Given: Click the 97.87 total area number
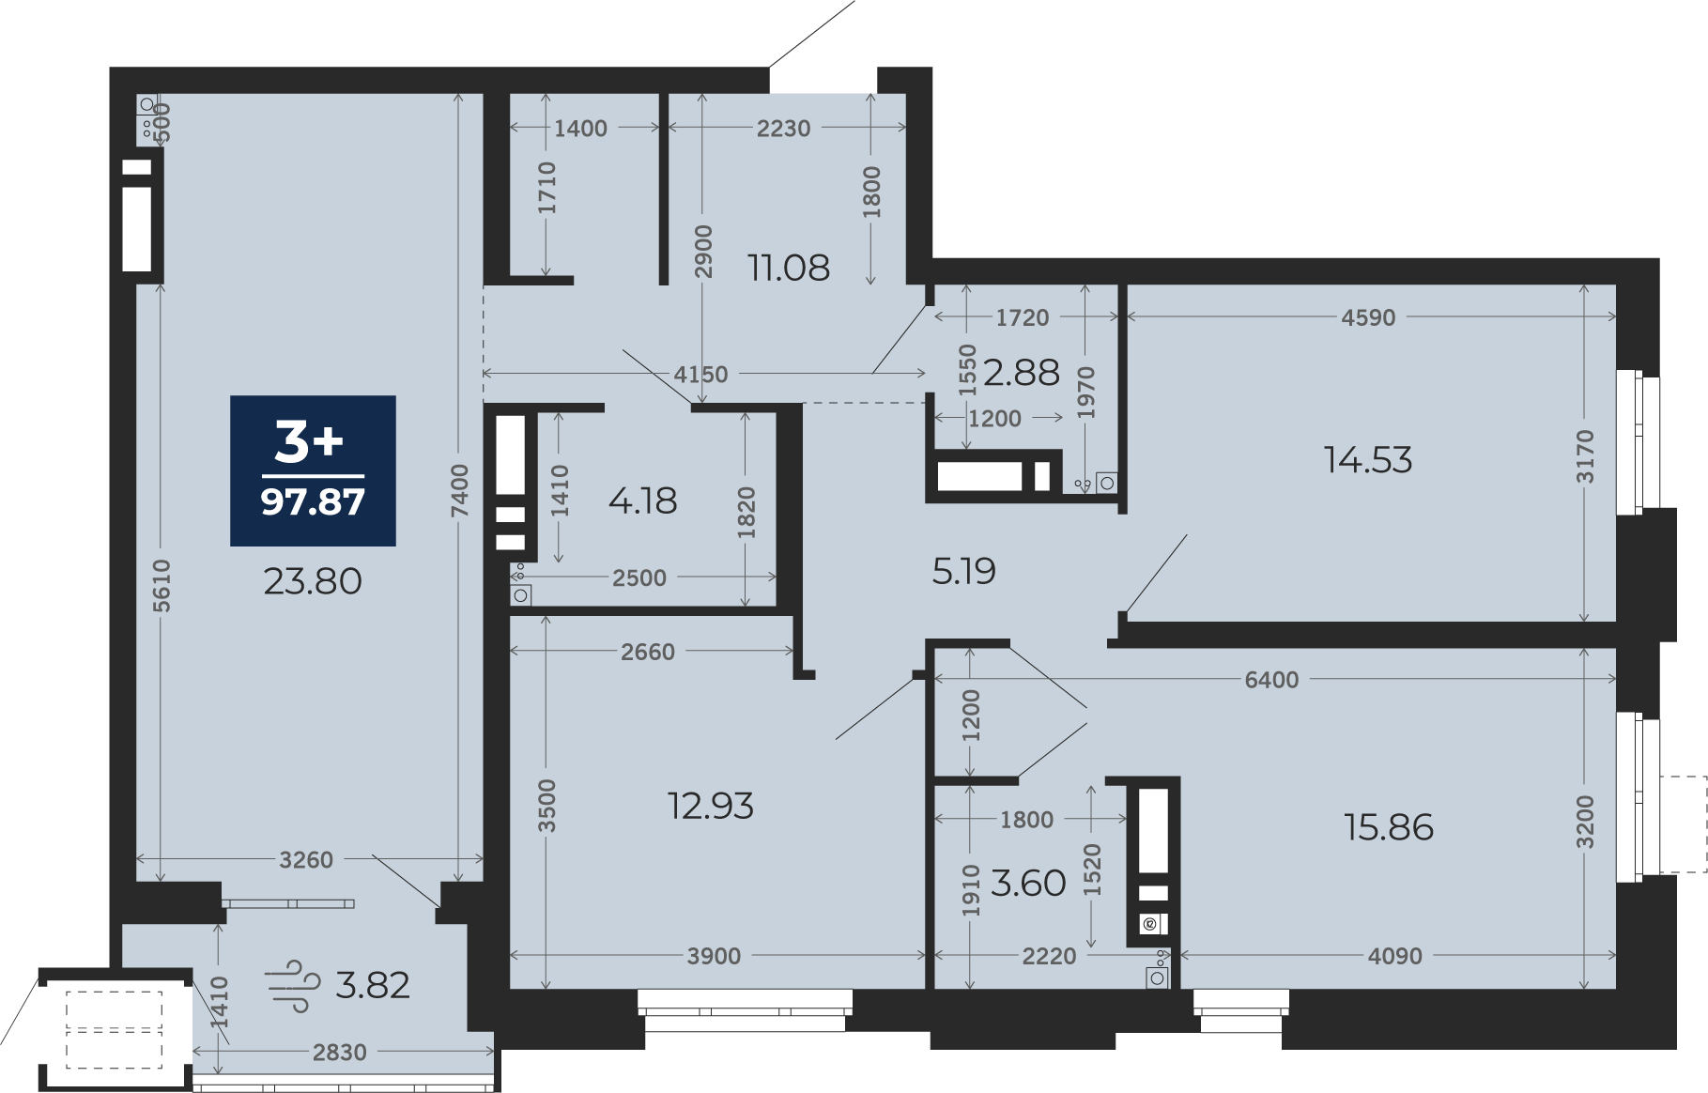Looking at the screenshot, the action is [313, 502].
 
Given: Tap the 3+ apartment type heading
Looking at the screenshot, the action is [309, 441].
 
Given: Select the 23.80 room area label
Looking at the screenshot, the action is [313, 582].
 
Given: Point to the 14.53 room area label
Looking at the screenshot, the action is [1368, 460].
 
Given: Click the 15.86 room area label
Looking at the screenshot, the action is [1389, 827].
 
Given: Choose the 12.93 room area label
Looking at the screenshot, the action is [711, 806].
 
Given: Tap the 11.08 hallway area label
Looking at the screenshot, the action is [789, 269].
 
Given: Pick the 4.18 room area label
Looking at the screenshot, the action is [643, 501].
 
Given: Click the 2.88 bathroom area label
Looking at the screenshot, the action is [1022, 373].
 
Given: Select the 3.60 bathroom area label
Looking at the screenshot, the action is [1028, 884].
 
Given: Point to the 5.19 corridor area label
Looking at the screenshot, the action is [964, 571].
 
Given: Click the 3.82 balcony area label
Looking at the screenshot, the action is [373, 986].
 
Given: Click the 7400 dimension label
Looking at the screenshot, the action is [459, 491].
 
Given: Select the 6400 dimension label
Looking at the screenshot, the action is [1272, 680].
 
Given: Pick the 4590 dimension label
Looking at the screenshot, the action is [1369, 317].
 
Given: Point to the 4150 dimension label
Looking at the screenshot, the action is [700, 375].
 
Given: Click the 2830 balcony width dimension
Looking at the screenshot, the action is [340, 1053].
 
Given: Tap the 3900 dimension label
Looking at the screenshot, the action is [715, 957].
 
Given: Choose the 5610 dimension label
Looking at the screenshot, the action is [162, 586].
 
